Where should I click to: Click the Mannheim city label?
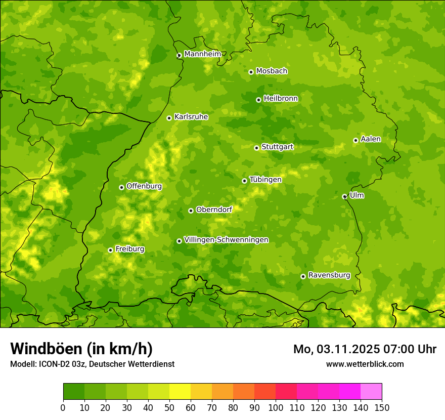click(202, 54)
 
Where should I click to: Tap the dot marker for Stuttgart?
click(256, 148)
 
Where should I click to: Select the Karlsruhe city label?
click(191, 117)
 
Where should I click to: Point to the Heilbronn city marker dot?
click(258, 100)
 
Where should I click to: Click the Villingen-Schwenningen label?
click(226, 240)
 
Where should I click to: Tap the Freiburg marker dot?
click(110, 250)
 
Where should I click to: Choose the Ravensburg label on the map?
click(329, 275)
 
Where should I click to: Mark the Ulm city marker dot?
click(344, 196)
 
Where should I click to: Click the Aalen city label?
click(371, 139)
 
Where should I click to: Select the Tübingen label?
click(265, 180)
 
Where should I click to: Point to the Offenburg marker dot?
click(121, 187)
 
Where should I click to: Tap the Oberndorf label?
click(214, 209)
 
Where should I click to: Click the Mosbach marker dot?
click(251, 72)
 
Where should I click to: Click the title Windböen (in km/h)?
click(81, 349)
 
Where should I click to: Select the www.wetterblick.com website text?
click(365, 364)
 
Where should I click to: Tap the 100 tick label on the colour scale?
click(276, 408)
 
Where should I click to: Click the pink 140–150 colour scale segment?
click(371, 392)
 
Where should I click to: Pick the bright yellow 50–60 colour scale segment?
click(180, 392)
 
